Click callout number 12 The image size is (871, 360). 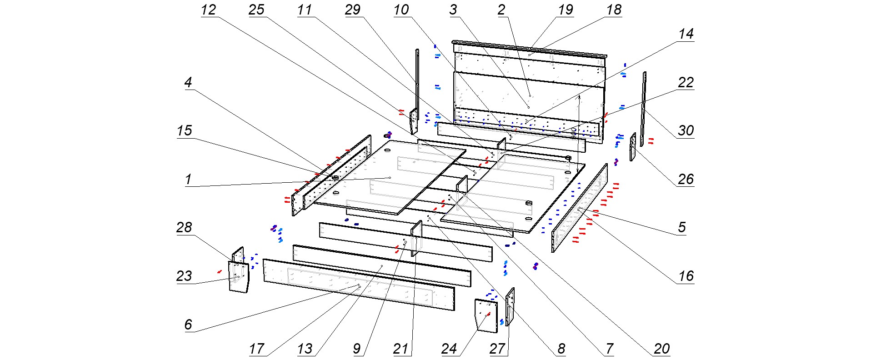click(x=208, y=10)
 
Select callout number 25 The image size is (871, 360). click(x=256, y=10)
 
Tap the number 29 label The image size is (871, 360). click(x=353, y=10)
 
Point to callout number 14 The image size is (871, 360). click(x=686, y=34)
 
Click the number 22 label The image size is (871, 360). click(x=686, y=82)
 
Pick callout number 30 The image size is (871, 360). click(x=686, y=131)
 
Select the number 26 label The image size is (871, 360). click(x=686, y=179)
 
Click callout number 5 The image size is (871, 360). click(x=682, y=227)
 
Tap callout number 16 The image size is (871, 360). click(x=686, y=276)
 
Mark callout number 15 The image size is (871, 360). click(x=184, y=131)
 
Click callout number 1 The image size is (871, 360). click(x=188, y=179)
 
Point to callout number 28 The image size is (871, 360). click(x=184, y=227)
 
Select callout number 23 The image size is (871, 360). click(x=184, y=276)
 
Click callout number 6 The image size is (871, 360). click(x=188, y=325)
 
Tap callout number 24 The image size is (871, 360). click(x=449, y=349)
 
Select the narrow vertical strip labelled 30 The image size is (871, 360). click(x=643, y=109)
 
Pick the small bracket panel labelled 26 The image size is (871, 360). click(x=632, y=146)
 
